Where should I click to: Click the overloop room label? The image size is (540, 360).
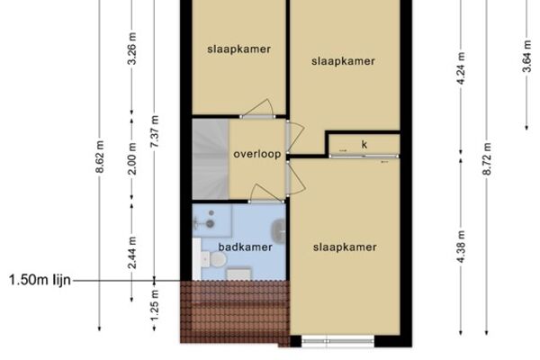257,154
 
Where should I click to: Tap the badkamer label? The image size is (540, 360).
245,247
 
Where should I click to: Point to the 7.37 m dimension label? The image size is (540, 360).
155,131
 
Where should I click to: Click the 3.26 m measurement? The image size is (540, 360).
132,49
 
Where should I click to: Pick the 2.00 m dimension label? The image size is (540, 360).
132,158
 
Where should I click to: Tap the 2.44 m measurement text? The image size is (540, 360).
132,252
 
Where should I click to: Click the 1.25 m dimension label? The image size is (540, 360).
155,305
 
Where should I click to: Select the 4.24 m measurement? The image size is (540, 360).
461,67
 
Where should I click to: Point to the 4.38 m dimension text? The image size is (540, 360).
461,247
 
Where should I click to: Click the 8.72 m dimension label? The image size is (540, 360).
487,158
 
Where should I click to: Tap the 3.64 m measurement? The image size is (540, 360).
526,56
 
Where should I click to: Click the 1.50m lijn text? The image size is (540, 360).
40,280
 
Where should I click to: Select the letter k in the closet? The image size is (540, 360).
364,144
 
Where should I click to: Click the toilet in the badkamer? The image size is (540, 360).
214,259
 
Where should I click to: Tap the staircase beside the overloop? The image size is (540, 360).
211,159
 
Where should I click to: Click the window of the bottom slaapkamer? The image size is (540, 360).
337,341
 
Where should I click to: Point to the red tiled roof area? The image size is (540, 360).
235,311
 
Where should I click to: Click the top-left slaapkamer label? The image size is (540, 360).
238,49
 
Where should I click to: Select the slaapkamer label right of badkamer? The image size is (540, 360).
345,247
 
